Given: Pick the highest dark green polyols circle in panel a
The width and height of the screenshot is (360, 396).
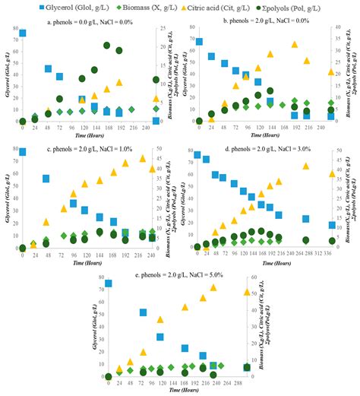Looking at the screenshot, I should (107, 46).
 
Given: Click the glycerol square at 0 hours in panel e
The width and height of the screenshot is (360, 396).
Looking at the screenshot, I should (109, 283).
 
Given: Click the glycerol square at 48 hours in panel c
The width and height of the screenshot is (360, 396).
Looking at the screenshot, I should (46, 179).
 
